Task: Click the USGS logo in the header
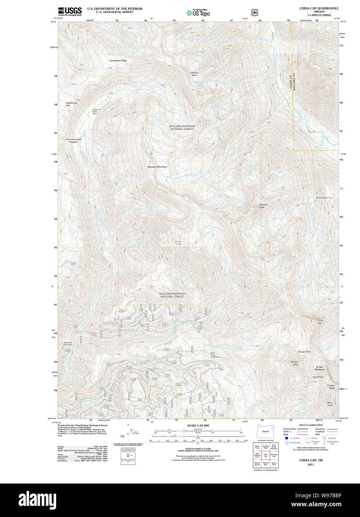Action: pyautogui.click(x=70, y=12)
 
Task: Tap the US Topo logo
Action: pyautogui.click(x=198, y=13)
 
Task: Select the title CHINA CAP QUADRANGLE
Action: pyautogui.click(x=319, y=8)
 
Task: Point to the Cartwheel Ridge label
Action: pyautogui.click(x=118, y=60)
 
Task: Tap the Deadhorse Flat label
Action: pyautogui.click(x=71, y=104)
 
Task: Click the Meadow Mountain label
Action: pyautogui.click(x=157, y=167)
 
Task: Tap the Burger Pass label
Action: pyautogui.click(x=304, y=351)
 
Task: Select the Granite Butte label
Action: pyautogui.click(x=331, y=387)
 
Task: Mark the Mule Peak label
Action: pyautogui.click(x=330, y=404)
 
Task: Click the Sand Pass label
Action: pyautogui.click(x=318, y=377)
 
